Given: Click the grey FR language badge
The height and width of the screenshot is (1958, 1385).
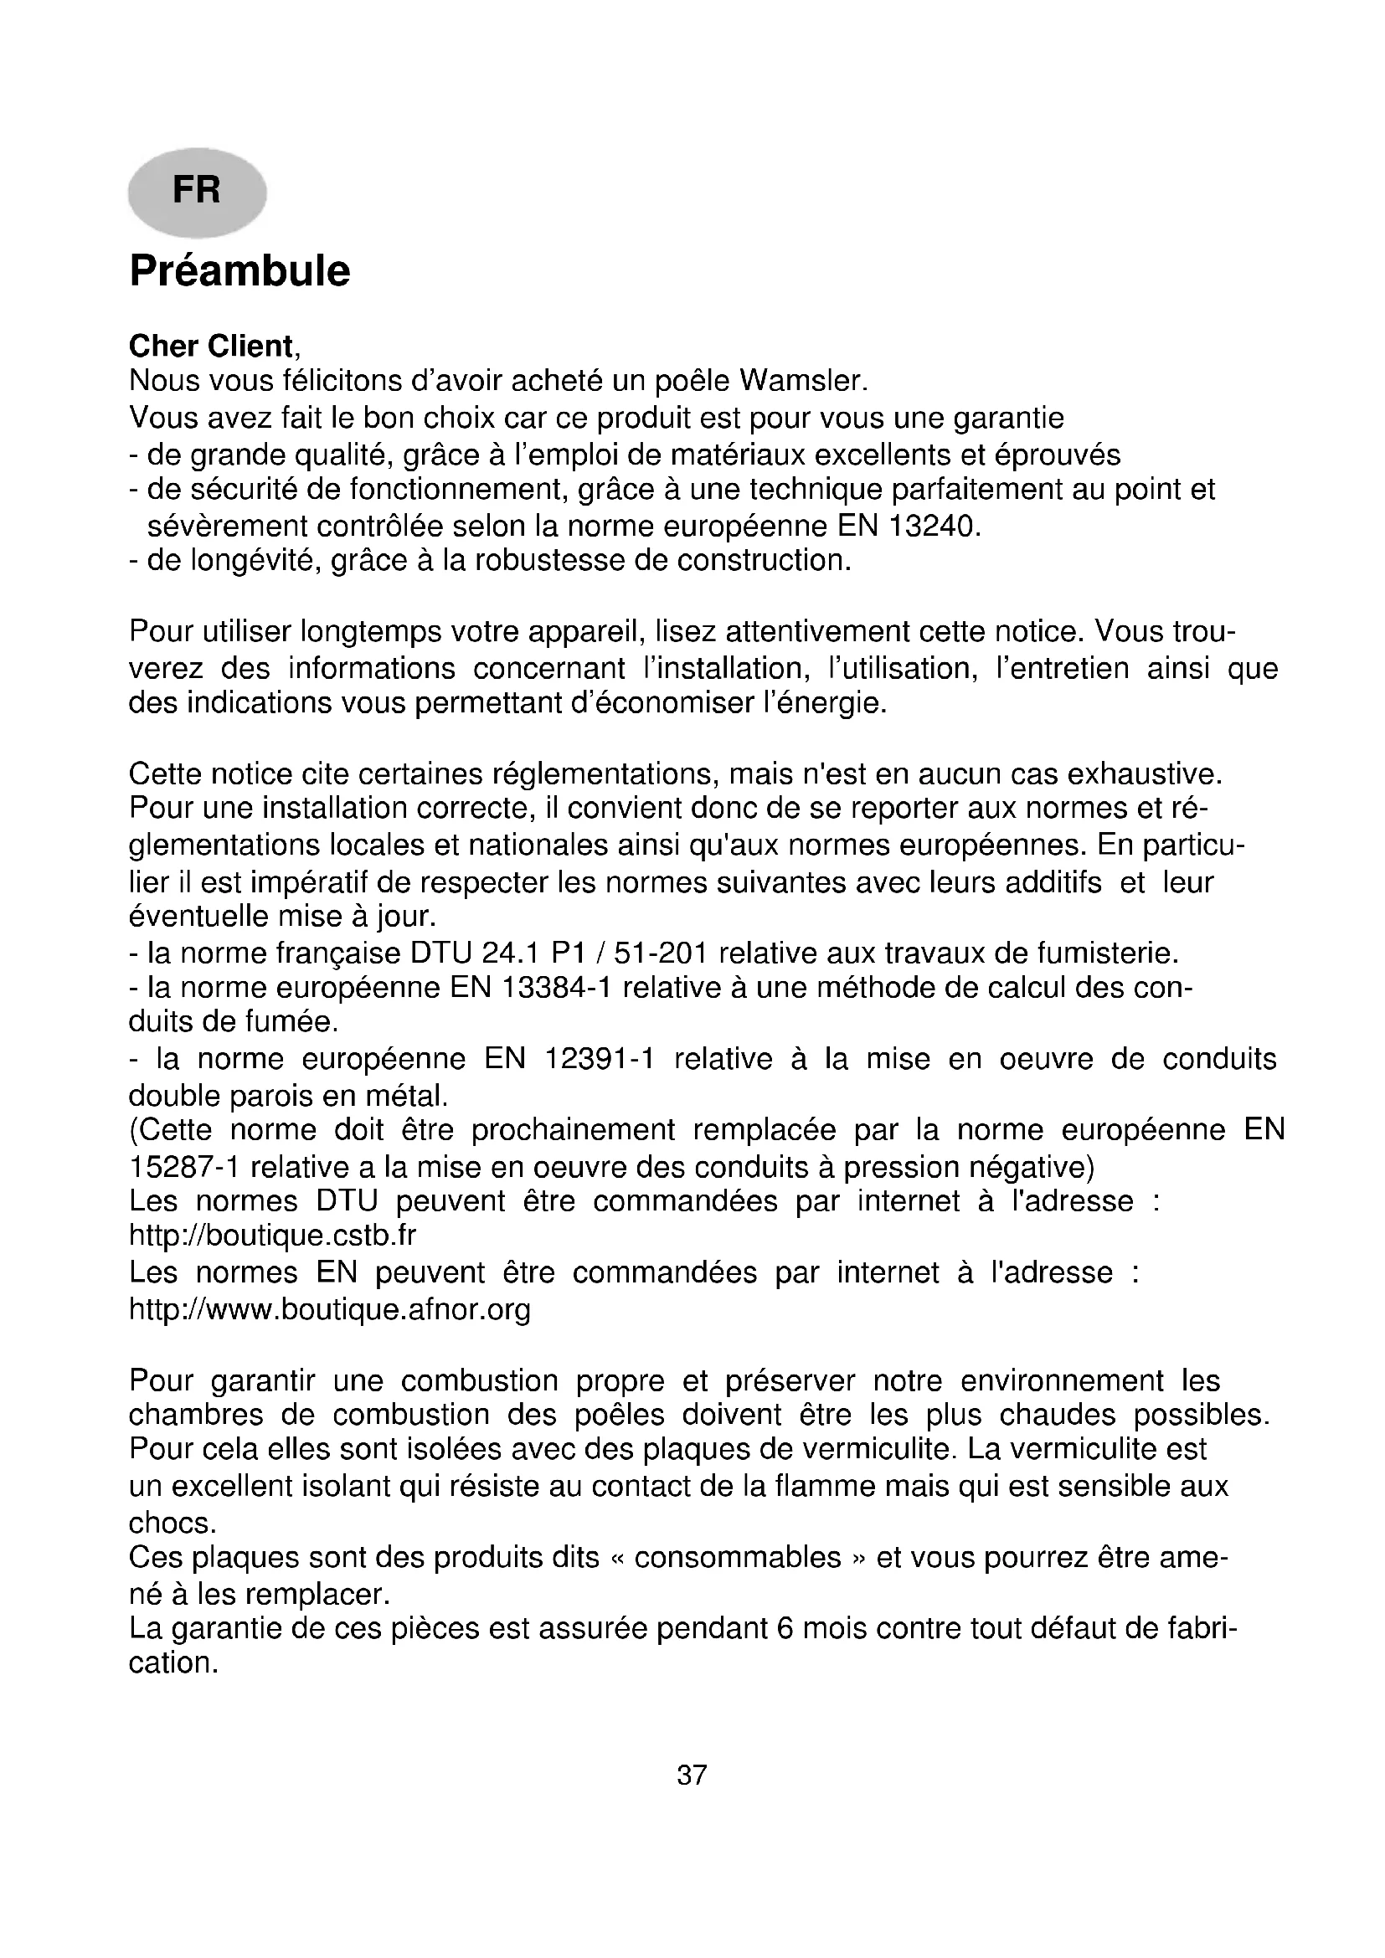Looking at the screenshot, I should [x=197, y=191].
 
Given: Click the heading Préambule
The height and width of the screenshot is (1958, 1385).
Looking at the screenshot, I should [x=239, y=271].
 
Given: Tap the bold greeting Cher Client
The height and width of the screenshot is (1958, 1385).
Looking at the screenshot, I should [x=211, y=347].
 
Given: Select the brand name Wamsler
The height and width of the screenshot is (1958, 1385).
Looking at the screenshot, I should [x=801, y=381].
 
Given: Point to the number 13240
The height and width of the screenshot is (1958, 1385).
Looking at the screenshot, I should [x=933, y=527].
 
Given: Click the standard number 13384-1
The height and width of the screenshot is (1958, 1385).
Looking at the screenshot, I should [x=557, y=988].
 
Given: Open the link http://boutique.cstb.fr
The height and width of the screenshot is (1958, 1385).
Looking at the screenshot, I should [x=273, y=1236].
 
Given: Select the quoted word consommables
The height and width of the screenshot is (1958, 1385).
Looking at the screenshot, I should [x=738, y=1558].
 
